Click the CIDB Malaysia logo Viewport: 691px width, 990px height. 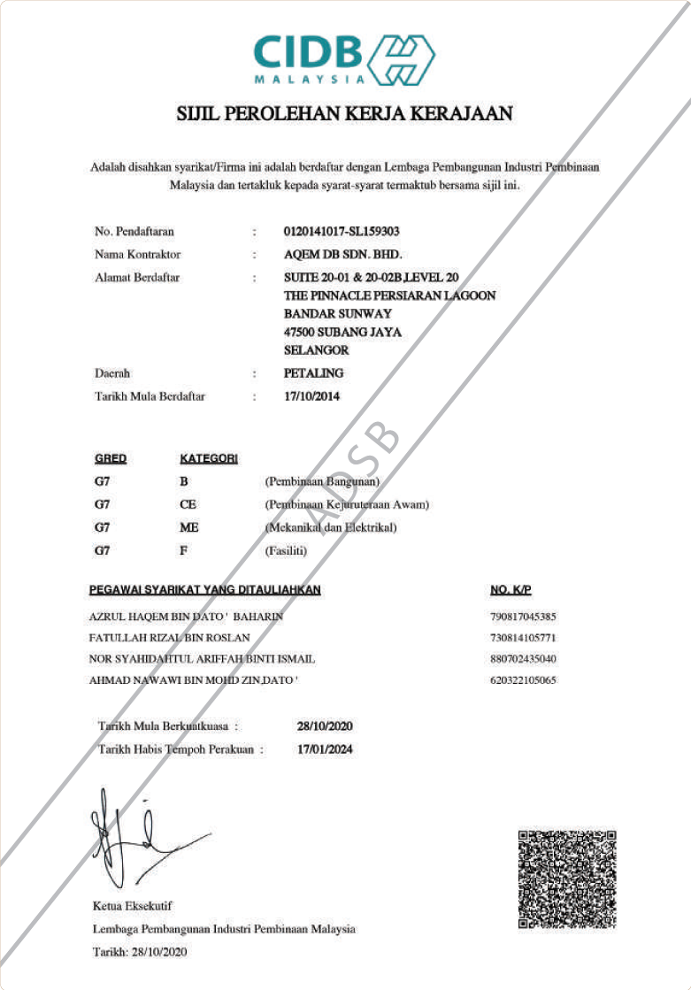point(344,59)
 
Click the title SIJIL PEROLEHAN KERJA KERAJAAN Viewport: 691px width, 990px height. point(345,114)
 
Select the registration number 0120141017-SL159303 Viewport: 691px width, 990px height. point(342,232)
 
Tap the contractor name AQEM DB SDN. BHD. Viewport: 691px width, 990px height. point(336,255)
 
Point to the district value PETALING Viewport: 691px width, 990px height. point(313,373)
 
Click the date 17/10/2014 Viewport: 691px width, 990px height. point(311,396)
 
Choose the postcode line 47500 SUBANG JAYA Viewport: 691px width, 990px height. point(342,333)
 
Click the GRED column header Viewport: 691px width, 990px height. point(111,459)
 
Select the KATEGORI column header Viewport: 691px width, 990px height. point(208,459)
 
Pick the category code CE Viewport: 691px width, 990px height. point(188,505)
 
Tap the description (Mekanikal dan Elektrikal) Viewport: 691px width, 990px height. point(331,528)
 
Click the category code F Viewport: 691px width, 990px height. point(183,550)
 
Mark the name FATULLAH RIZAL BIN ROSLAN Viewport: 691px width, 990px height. point(170,638)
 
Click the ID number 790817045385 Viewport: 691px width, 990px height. point(522,617)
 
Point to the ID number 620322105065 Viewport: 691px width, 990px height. point(522,681)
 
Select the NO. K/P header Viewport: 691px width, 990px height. point(510,590)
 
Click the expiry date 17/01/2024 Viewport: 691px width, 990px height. point(325,748)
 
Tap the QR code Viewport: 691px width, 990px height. point(566,879)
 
